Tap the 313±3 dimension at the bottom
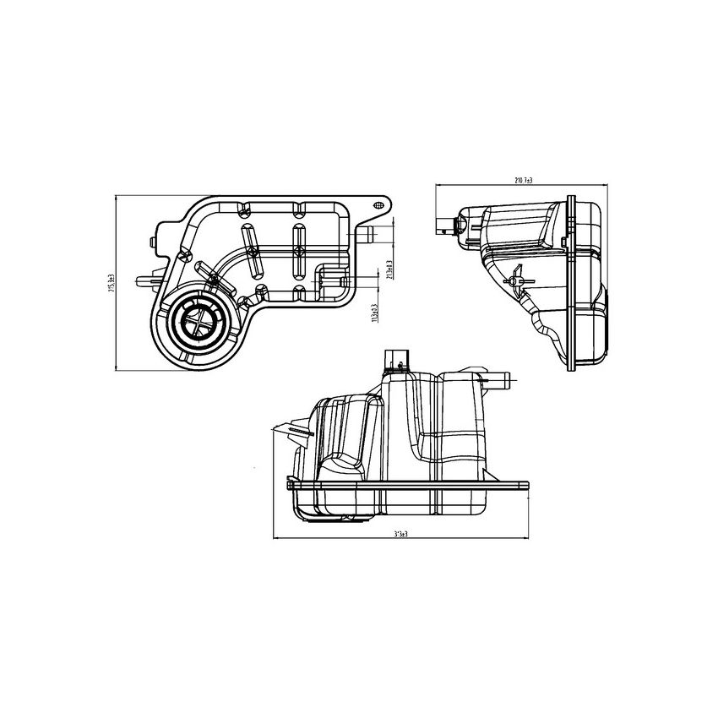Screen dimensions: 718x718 tap(401, 534)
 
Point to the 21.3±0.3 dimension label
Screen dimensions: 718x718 tap(388, 269)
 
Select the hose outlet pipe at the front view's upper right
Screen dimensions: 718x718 tap(502, 382)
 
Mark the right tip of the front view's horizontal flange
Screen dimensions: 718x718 tap(527, 484)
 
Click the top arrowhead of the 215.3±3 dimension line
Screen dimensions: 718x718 tap(117, 197)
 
